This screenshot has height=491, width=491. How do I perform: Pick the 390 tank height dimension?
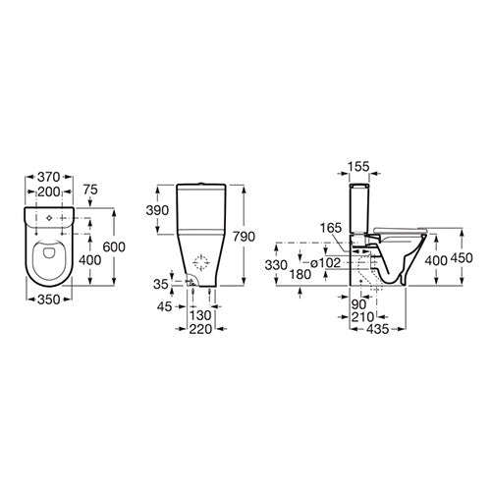pos(157,211)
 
